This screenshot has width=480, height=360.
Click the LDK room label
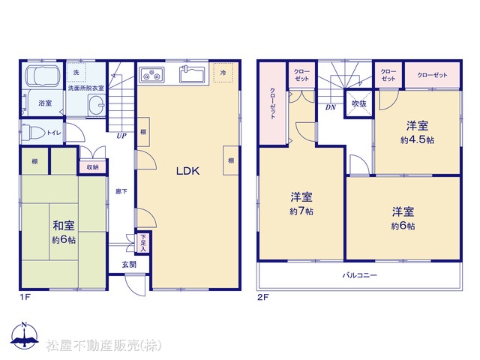tap(187, 171)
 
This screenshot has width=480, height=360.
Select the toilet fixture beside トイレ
tap(33, 133)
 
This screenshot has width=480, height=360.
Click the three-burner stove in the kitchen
tap(151, 75)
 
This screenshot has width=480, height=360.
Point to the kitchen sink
tap(192, 74)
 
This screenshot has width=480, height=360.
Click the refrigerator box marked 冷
tap(223, 73)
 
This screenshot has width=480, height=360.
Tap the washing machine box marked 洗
tap(76, 72)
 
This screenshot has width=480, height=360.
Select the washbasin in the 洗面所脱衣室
tap(97, 105)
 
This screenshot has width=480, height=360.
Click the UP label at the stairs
tap(121, 136)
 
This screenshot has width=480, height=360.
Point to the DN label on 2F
tap(330, 107)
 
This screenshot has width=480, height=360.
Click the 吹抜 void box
tap(358, 103)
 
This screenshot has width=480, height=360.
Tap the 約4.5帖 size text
tap(417, 140)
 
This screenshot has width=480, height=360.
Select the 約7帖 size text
tap(301, 211)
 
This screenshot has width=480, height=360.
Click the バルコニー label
tap(359, 275)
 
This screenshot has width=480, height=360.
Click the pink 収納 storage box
tap(92, 167)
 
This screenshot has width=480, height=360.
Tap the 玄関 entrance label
tap(129, 265)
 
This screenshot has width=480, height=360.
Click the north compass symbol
tap(25, 335)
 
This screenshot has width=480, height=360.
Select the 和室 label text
tap(64, 226)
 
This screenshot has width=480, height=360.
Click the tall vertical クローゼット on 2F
tap(273, 103)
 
